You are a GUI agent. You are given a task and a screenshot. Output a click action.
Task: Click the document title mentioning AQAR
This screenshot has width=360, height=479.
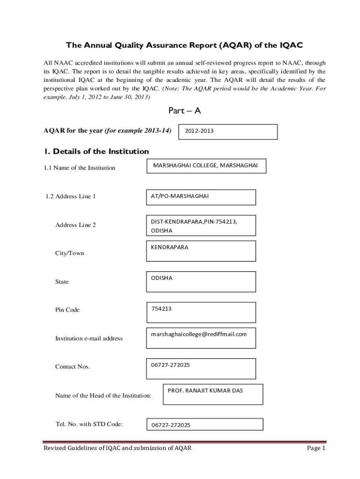click(x=184, y=45)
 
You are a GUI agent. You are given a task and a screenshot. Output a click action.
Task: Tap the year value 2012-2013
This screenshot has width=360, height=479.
click(x=199, y=131)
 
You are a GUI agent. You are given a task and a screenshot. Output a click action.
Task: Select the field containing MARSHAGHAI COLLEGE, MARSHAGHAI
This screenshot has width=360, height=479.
click(x=205, y=166)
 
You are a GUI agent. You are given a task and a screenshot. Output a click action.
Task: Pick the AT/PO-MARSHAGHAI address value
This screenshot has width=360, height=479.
click(x=180, y=196)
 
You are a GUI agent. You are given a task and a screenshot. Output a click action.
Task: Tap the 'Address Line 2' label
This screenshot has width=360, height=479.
click(x=75, y=225)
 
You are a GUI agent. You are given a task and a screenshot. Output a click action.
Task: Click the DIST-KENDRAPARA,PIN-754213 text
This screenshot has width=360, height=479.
click(x=194, y=221)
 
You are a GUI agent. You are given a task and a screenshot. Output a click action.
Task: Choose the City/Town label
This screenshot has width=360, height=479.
click(x=70, y=253)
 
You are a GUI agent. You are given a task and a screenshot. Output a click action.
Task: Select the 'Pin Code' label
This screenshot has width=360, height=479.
click(x=67, y=310)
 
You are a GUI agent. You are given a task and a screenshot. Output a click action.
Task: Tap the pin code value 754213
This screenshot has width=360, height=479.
click(x=162, y=309)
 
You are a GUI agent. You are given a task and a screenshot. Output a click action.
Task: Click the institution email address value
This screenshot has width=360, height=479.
click(x=199, y=334)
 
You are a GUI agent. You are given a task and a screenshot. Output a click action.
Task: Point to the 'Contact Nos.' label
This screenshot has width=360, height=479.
click(x=72, y=366)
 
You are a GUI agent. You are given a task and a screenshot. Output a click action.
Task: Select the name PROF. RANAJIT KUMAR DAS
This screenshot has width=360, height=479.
click(x=205, y=391)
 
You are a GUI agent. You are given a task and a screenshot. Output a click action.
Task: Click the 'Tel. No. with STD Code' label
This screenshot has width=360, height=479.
click(x=89, y=424)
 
